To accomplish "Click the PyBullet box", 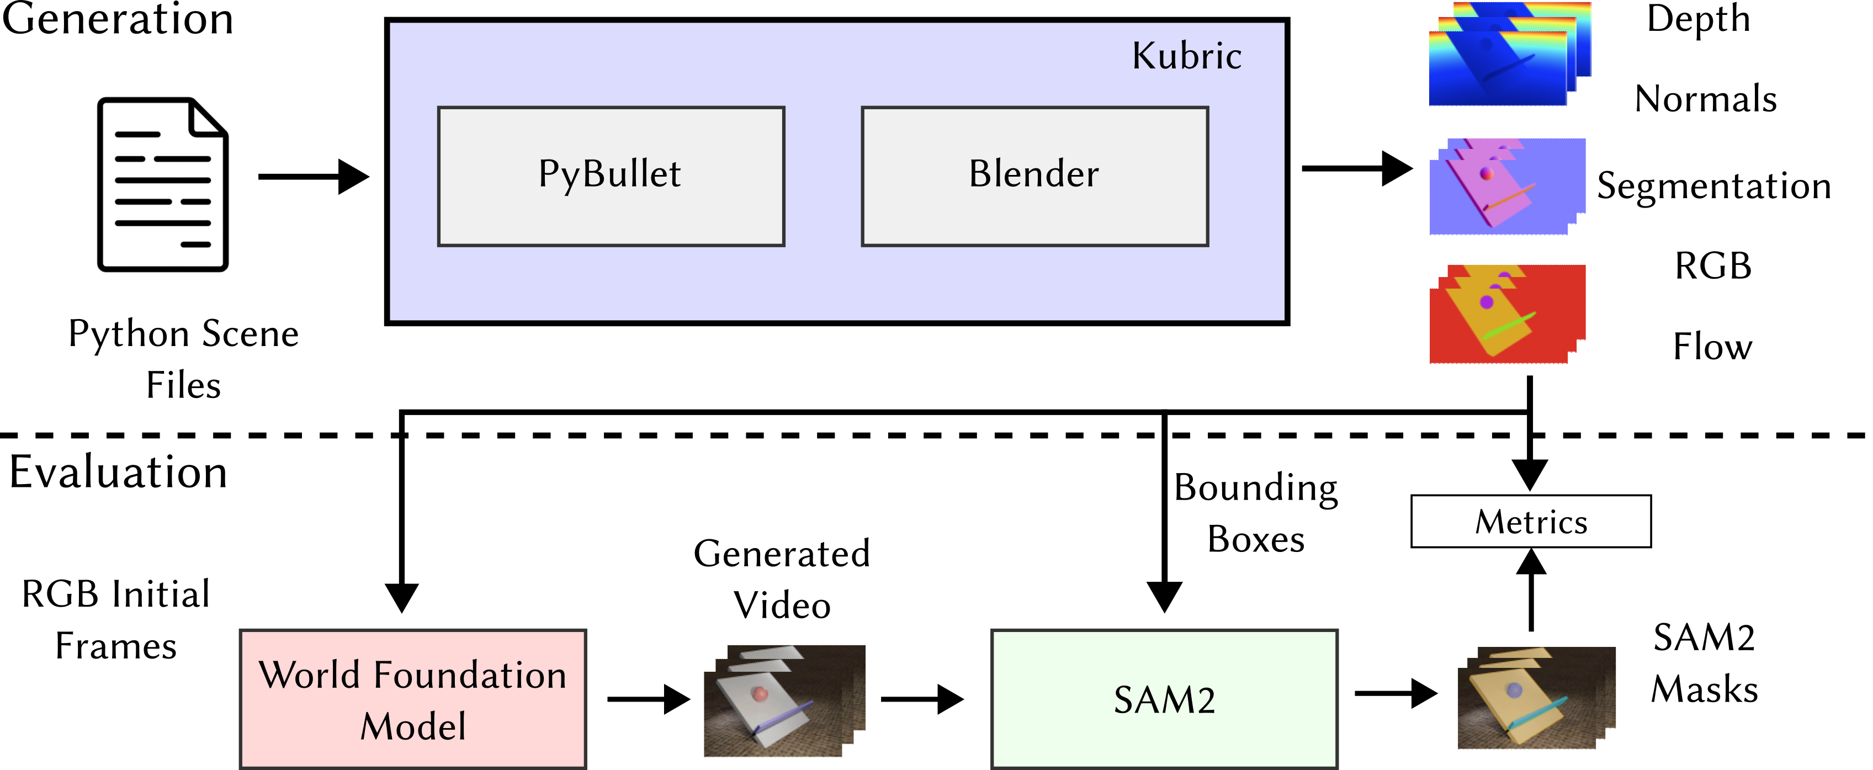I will click(611, 176).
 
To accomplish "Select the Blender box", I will click(1034, 176).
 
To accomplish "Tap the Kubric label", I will click(1187, 56).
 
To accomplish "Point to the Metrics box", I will click(1531, 521).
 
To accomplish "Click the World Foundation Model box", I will click(413, 699).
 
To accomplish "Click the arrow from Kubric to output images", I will click(1356, 169).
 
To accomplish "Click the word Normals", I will click(1705, 99).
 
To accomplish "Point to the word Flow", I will click(1712, 346).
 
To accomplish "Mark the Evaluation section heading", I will click(118, 472).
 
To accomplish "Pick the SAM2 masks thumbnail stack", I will click(1536, 698).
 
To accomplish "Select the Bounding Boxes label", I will click(1256, 513).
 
